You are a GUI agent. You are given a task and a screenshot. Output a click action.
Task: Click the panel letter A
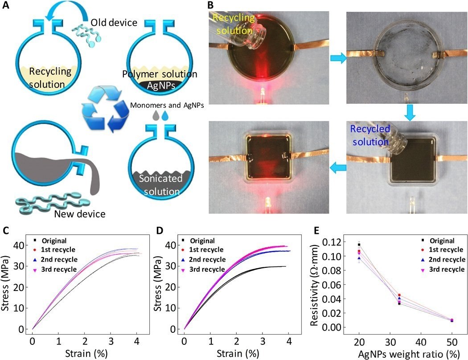pyautogui.click(x=7, y=7)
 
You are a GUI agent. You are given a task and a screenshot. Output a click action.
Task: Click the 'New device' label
pyautogui.click(x=80, y=214)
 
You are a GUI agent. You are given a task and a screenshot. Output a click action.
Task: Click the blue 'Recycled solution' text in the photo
pyautogui.click(x=370, y=135)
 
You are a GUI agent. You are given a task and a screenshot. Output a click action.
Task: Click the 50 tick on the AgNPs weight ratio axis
pyautogui.click(x=452, y=341)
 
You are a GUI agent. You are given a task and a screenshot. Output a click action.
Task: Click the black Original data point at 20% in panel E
pyautogui.click(x=359, y=245)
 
